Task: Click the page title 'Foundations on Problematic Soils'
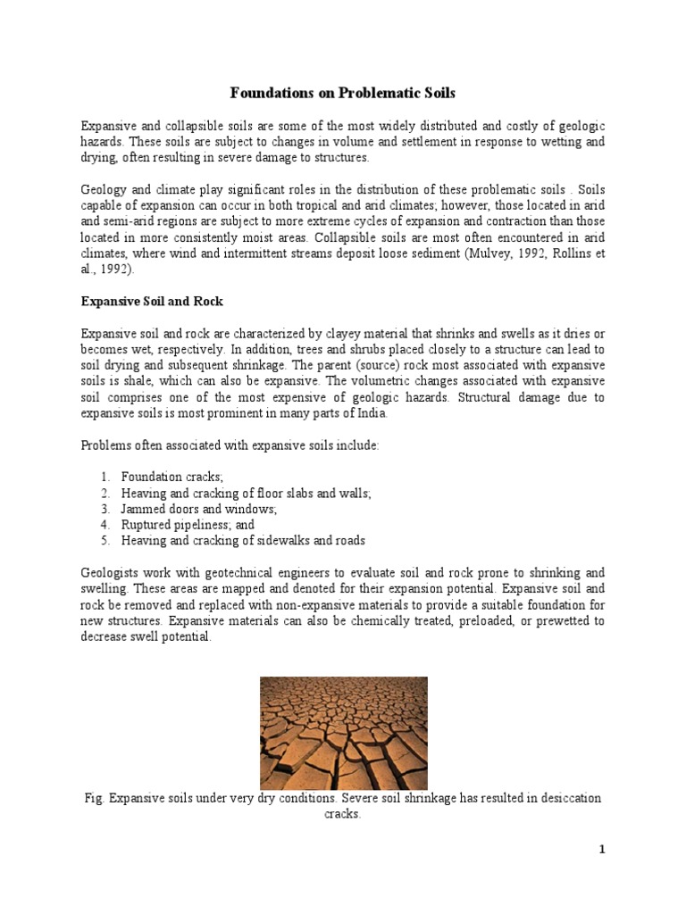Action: [x=344, y=92]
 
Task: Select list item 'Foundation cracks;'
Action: [x=166, y=477]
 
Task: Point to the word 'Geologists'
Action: [x=112, y=573]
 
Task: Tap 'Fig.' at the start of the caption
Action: [x=94, y=798]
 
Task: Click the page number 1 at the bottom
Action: [x=602, y=850]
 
